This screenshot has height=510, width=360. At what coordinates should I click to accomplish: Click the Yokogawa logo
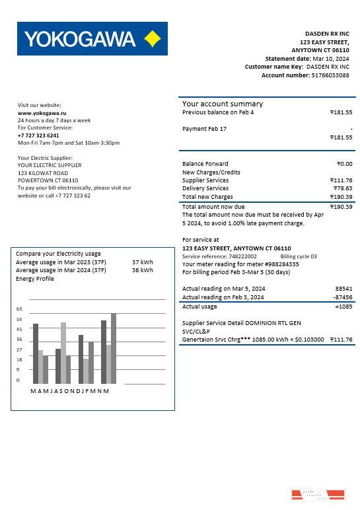point(92,39)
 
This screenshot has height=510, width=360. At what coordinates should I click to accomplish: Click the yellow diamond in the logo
point(153,39)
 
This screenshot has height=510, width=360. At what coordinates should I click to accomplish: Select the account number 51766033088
point(330,75)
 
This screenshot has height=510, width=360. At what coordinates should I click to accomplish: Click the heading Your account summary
point(223,104)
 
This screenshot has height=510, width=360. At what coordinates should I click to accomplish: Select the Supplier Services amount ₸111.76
point(341,180)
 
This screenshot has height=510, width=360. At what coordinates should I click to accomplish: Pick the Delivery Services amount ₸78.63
point(343,188)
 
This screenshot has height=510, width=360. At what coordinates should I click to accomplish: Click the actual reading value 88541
point(343,289)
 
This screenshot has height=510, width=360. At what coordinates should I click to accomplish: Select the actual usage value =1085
point(343,307)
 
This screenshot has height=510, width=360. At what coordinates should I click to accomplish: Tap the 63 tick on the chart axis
point(19,309)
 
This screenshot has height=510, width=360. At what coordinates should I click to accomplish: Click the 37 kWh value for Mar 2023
point(142,262)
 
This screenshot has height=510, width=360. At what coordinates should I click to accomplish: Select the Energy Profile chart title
point(36,279)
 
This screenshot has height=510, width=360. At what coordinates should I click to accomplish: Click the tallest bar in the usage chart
point(114,348)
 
